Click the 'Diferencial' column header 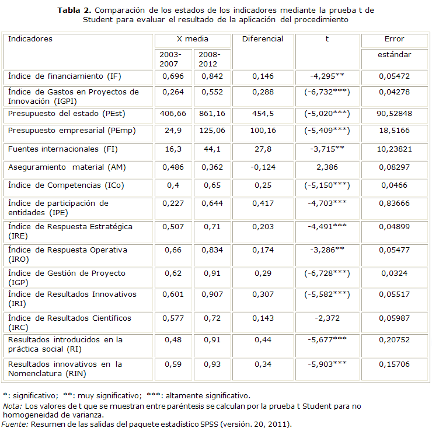[x=263, y=39]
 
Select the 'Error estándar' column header [x=394, y=47]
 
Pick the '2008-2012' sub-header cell [x=210, y=58]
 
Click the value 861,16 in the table [x=213, y=112]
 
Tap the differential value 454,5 [x=264, y=112]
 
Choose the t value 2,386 [x=327, y=167]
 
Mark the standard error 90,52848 [x=394, y=112]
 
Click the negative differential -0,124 [x=264, y=167]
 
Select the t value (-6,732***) [x=327, y=92]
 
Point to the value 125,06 [x=213, y=131]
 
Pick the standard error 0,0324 [x=394, y=273]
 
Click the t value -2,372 [x=327, y=318]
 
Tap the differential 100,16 [x=264, y=131]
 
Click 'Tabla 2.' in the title [x=74, y=10]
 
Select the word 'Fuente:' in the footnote [x=14, y=424]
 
